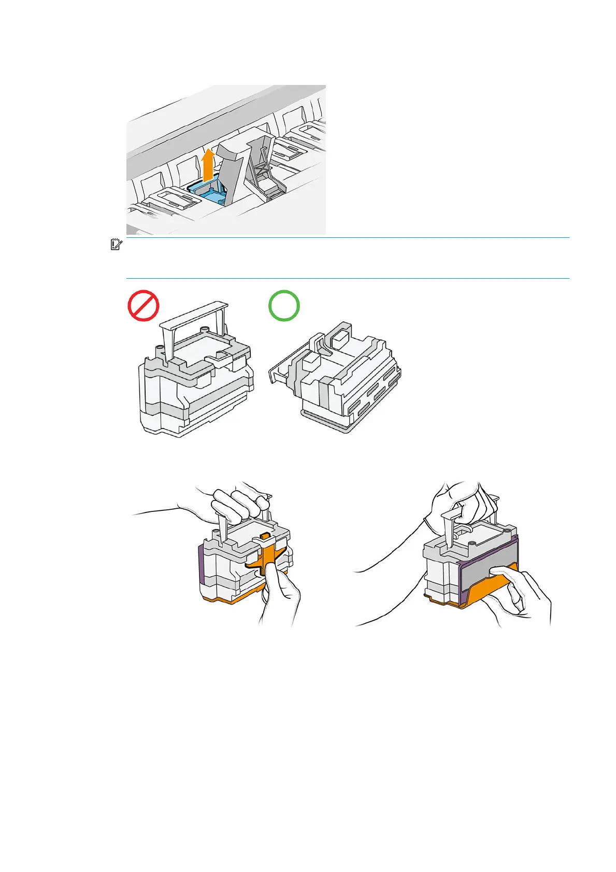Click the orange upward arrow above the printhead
(x=207, y=165)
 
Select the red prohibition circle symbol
(x=144, y=306)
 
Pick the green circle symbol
(x=284, y=306)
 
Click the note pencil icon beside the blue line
(x=116, y=244)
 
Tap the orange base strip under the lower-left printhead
(x=228, y=599)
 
